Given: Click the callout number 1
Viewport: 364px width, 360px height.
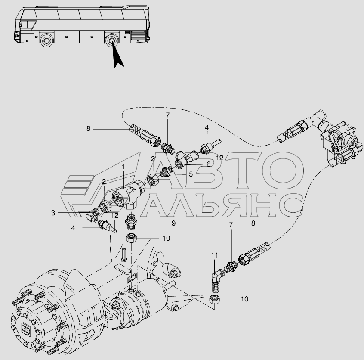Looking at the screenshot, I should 123,166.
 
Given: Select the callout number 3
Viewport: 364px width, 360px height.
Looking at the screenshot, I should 53,212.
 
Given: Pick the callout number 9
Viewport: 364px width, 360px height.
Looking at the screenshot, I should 173,223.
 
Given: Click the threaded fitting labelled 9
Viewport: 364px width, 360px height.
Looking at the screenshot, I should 130,222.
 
